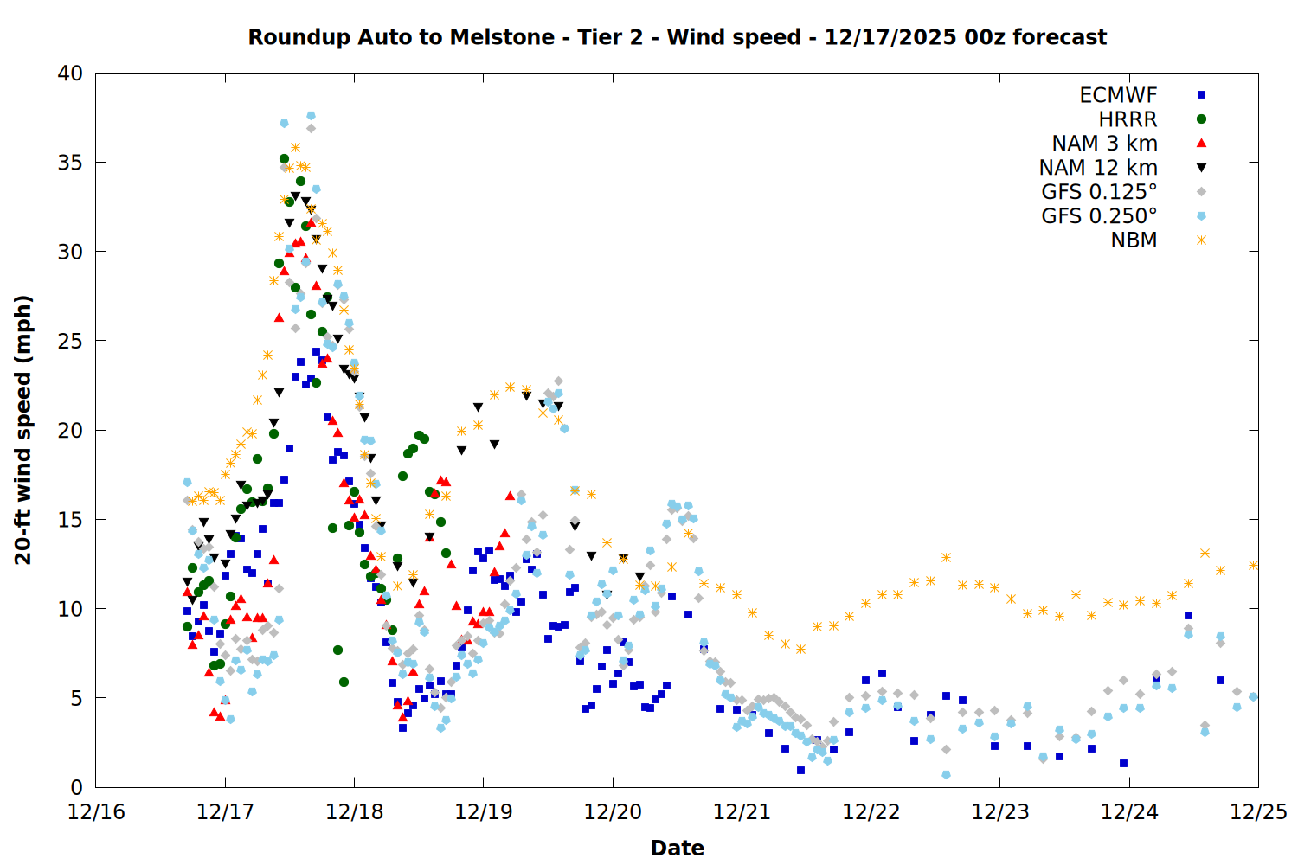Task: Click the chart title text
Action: (x=677, y=37)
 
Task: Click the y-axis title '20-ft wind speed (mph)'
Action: (x=23, y=430)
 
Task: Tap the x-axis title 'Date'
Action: (x=677, y=848)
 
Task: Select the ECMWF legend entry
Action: (x=1118, y=95)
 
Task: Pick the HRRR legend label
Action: (x=1128, y=119)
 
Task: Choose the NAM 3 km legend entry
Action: (x=1104, y=144)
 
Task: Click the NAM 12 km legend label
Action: (x=1098, y=168)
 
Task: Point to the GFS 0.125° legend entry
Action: (x=1099, y=192)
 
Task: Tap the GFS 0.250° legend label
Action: (x=1099, y=216)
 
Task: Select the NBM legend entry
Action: (x=1134, y=240)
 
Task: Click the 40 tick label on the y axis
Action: (x=70, y=74)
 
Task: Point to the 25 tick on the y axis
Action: (x=70, y=341)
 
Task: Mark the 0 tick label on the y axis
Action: (x=76, y=787)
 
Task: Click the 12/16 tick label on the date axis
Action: (x=96, y=812)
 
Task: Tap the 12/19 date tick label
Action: (x=483, y=812)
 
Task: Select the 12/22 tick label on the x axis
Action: (x=871, y=812)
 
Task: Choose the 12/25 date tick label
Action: (x=1258, y=812)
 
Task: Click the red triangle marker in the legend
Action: (x=1201, y=144)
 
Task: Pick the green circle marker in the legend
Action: (x=1201, y=119)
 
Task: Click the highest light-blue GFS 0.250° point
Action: (x=311, y=115)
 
